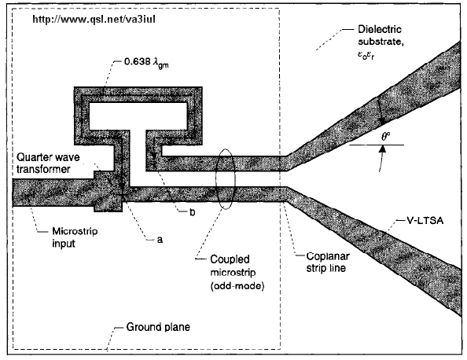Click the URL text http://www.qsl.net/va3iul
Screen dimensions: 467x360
click(x=94, y=20)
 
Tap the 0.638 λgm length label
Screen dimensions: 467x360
click(x=146, y=63)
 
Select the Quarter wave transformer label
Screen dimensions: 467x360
click(x=48, y=163)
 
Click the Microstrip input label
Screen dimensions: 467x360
click(x=75, y=237)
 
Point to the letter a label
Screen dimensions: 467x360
click(x=160, y=240)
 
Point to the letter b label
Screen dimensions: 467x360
click(x=193, y=211)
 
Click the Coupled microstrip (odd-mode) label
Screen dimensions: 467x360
click(x=237, y=273)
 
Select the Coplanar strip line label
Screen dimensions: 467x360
click(x=328, y=262)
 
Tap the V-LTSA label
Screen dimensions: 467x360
click(x=425, y=220)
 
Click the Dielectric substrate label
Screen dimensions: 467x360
click(x=381, y=35)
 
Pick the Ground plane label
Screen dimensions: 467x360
click(x=158, y=327)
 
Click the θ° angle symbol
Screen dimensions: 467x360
click(x=386, y=137)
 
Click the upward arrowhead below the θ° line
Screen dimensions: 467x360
click(x=383, y=148)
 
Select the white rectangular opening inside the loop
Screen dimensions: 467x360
click(x=138, y=116)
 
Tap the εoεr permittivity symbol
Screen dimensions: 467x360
click(x=366, y=56)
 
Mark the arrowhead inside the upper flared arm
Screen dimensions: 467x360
click(x=381, y=121)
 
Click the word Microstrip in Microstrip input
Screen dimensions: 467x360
click(x=75, y=231)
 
